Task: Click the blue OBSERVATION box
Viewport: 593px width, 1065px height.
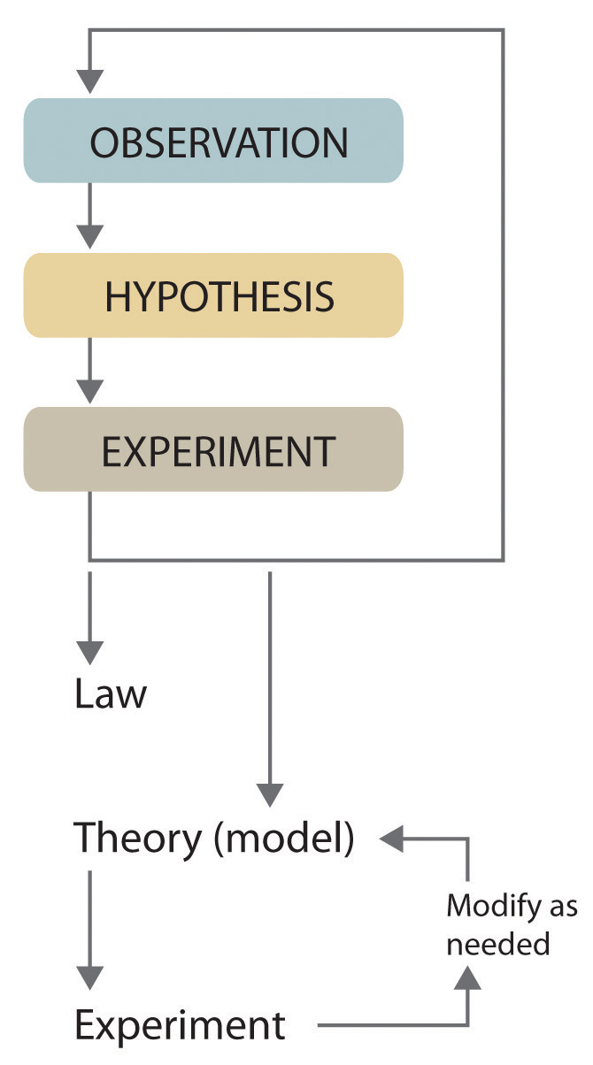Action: pos(212,142)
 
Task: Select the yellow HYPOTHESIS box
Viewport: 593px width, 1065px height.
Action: pos(212,295)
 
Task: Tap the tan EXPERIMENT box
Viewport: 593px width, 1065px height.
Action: pos(212,449)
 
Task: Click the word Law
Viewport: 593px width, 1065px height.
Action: pos(110,694)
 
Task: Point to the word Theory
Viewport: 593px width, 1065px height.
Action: pos(137,839)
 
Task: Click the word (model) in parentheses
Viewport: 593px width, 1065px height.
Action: pos(284,839)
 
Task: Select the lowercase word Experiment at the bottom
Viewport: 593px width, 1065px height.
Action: pos(180,1026)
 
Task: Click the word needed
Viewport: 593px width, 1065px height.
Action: pos(497,944)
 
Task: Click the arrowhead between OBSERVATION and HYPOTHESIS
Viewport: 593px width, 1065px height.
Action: pos(89,236)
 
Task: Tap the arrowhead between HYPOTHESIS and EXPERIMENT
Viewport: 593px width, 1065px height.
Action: pos(89,390)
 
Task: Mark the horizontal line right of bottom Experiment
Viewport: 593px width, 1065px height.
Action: pos(389,1026)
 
